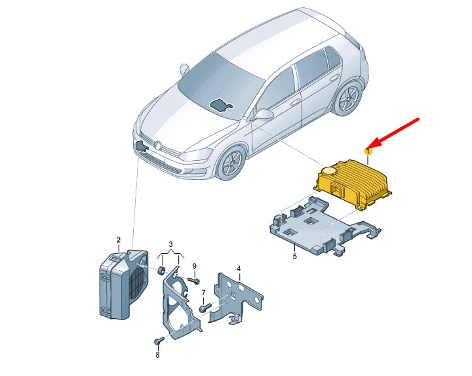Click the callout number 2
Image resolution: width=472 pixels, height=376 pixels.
[119, 240]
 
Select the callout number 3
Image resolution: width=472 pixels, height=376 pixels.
[170, 243]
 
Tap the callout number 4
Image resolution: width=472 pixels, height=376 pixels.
[239, 268]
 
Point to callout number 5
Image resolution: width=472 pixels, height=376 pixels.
[295, 257]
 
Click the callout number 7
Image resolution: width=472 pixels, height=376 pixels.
[203, 293]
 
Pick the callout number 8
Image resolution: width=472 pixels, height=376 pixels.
[157, 355]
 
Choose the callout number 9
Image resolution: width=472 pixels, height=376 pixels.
[195, 266]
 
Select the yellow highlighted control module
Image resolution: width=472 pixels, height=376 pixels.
[353, 184]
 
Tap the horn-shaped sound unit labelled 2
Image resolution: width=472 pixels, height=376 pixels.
[123, 285]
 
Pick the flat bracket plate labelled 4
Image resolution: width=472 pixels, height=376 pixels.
[236, 299]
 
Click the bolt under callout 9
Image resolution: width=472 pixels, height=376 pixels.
[193, 281]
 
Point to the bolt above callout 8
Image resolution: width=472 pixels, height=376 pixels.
[159, 341]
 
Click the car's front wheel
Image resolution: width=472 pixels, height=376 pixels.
[231, 163]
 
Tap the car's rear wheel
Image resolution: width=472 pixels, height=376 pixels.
[348, 98]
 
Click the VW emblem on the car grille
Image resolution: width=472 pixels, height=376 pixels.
[158, 145]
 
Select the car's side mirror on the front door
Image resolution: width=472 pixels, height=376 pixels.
[262, 114]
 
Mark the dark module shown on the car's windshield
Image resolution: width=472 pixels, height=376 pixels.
[220, 104]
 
